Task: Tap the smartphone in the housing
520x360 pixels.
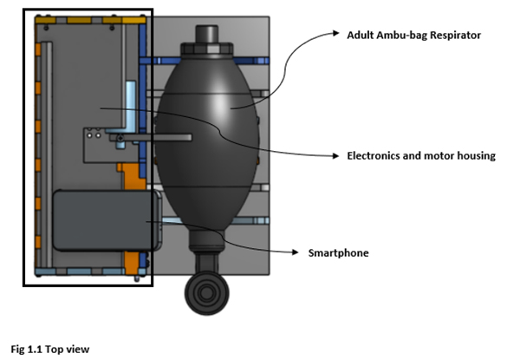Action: (x=104, y=221)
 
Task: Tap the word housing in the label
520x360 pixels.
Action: (x=473, y=156)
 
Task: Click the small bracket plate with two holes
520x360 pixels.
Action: (x=97, y=137)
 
